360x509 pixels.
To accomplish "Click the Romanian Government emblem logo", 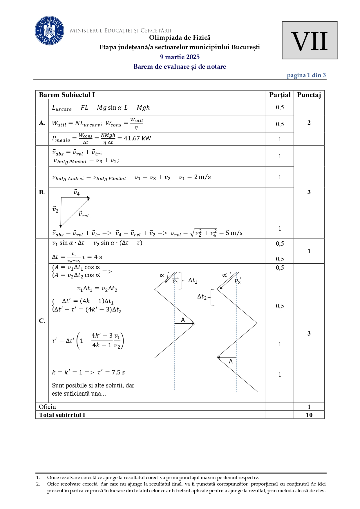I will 49,30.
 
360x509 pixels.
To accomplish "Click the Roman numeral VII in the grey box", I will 309,41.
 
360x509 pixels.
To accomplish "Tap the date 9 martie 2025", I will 180,57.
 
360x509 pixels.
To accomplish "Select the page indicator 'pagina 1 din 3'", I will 306,75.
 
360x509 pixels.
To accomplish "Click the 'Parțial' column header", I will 280,95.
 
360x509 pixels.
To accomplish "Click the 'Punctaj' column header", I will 309,95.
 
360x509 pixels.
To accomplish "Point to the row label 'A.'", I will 42,123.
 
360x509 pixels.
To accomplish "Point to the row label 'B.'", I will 42,192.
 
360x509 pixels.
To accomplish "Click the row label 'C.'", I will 42,321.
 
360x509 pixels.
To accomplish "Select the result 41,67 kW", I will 138,138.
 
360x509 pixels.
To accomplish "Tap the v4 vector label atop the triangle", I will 77,192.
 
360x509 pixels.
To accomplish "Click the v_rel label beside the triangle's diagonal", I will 84,214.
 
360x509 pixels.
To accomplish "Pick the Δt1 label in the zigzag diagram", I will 193,280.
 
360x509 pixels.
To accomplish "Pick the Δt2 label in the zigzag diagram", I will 202,296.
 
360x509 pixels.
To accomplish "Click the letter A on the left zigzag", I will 183,320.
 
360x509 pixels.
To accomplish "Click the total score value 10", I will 309,415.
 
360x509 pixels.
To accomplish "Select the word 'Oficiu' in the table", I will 47,407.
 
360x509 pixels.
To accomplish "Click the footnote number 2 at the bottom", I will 38,484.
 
